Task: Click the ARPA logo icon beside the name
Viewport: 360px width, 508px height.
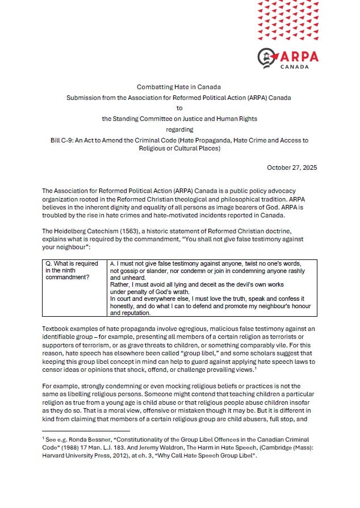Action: (267, 57)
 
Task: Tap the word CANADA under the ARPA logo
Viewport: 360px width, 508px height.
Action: (295, 66)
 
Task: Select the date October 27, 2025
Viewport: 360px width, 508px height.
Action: (292, 167)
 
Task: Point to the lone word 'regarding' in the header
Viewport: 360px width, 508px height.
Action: (179, 129)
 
